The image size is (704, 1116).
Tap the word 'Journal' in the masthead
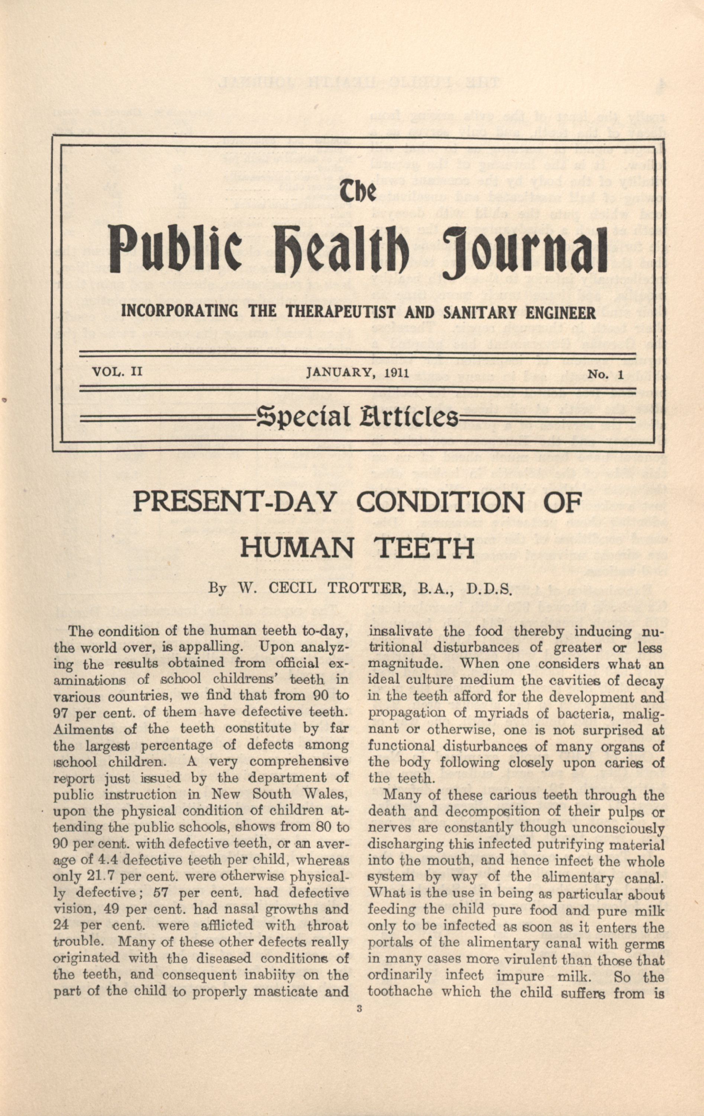point(525,251)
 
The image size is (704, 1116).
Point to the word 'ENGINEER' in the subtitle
point(560,313)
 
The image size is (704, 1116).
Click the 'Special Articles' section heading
point(356,416)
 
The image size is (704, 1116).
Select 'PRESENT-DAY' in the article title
point(233,502)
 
